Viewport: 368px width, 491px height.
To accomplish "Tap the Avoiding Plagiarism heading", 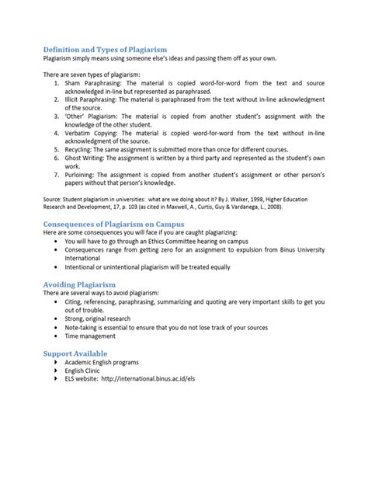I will [79, 285].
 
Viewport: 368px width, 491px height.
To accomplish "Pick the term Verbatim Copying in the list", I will [90, 133].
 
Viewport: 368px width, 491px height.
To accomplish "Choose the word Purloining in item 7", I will [82, 175].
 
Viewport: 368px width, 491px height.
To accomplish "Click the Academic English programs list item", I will [103, 363].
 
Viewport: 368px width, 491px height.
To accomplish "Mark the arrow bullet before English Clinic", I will [56, 372].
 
